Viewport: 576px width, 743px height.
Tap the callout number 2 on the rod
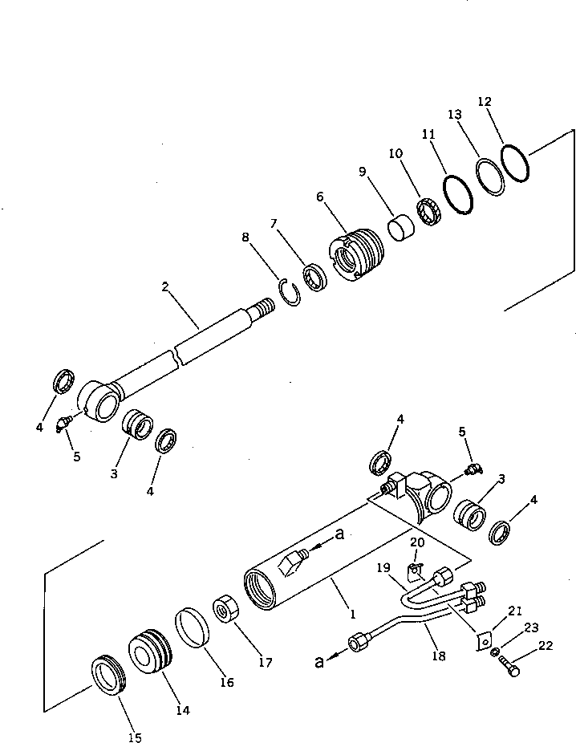(x=165, y=286)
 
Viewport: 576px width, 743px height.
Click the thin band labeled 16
(x=193, y=627)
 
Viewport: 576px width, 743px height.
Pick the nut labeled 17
(x=224, y=610)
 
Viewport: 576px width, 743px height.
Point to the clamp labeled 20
(x=415, y=572)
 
